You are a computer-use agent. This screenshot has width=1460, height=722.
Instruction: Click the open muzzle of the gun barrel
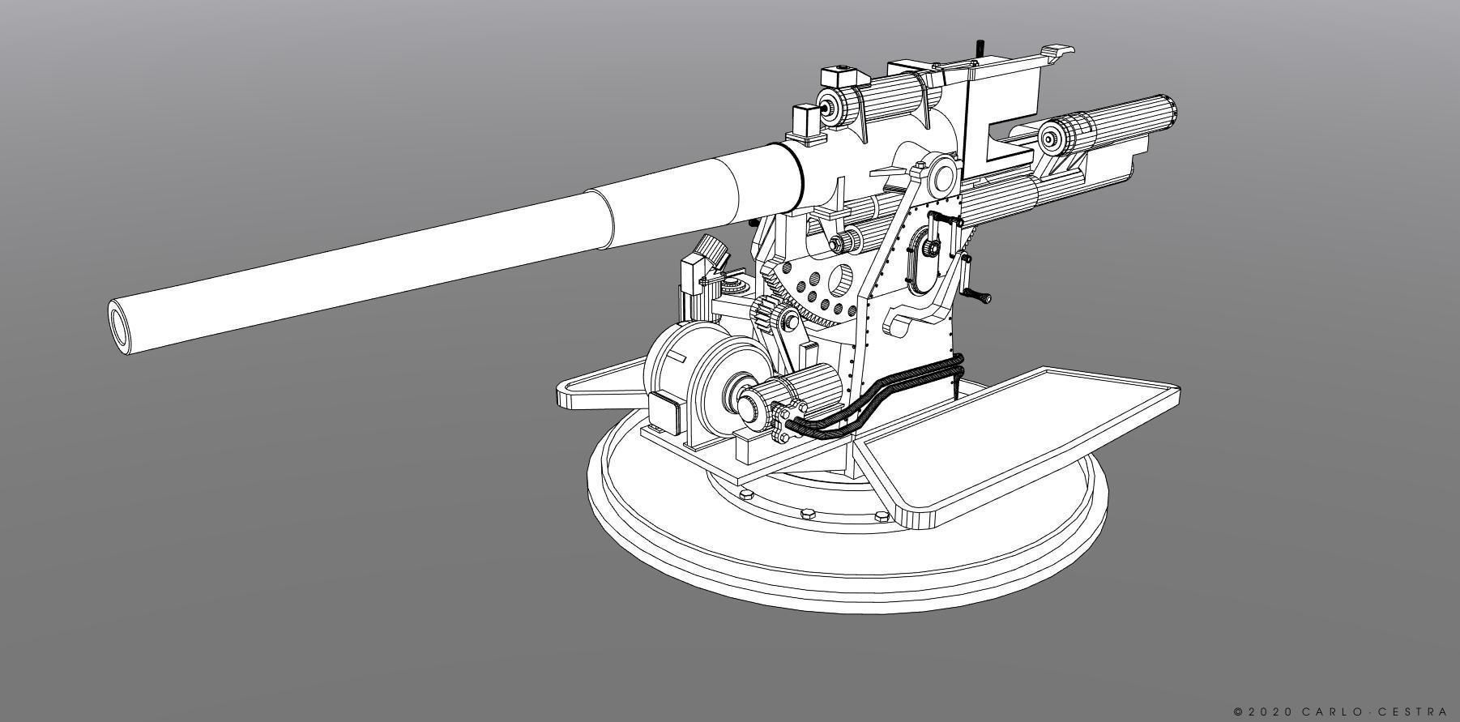pos(122,327)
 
